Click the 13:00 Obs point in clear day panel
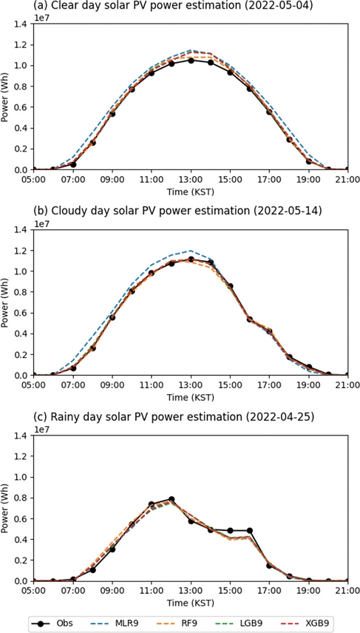tap(191, 61)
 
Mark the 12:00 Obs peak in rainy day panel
tap(171, 499)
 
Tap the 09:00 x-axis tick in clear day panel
tap(112, 179)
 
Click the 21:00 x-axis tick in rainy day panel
tap(347, 590)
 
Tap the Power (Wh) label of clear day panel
tap(7, 97)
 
